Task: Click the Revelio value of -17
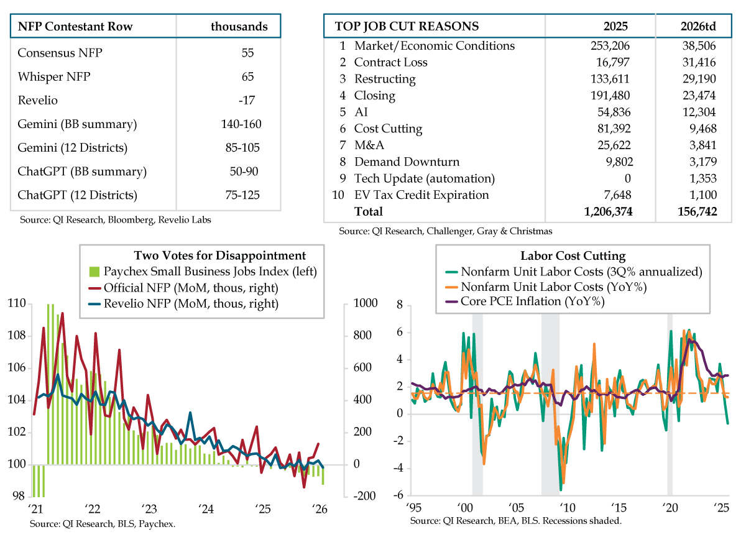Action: tap(248, 100)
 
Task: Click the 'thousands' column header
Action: tap(239, 26)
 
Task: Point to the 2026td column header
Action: tap(693, 26)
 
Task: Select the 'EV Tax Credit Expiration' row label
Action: tap(421, 195)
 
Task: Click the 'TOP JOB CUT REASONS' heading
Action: tap(407, 26)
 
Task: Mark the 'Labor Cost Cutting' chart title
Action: tap(573, 256)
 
